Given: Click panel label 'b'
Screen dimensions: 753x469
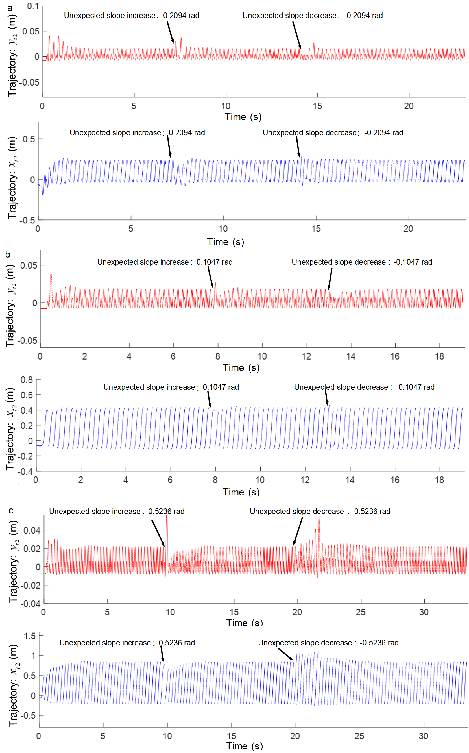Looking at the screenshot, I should (8, 254).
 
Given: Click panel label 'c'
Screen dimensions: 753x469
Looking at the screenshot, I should (11, 510).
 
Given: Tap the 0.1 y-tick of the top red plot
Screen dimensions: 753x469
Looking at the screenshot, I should (32, 6).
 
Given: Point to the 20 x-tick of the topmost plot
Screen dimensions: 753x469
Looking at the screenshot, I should (409, 106).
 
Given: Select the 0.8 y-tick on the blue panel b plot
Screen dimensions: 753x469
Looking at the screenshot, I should (27, 380).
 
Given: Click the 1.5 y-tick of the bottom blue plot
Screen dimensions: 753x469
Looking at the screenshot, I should (30, 636).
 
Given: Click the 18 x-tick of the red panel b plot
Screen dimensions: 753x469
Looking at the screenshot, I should (439, 356).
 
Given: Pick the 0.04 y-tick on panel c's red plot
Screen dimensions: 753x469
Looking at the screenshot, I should (32, 530).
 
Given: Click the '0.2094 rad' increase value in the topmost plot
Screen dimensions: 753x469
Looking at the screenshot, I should (181, 16).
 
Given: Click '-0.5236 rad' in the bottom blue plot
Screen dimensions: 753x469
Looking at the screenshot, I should (379, 643).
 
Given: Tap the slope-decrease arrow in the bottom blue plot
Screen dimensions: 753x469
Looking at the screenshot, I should (285, 654).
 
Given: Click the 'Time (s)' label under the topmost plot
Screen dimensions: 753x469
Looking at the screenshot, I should (243, 117).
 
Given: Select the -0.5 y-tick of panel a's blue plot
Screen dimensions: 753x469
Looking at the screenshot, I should (27, 220).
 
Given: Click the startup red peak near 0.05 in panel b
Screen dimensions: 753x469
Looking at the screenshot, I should (51, 274).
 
